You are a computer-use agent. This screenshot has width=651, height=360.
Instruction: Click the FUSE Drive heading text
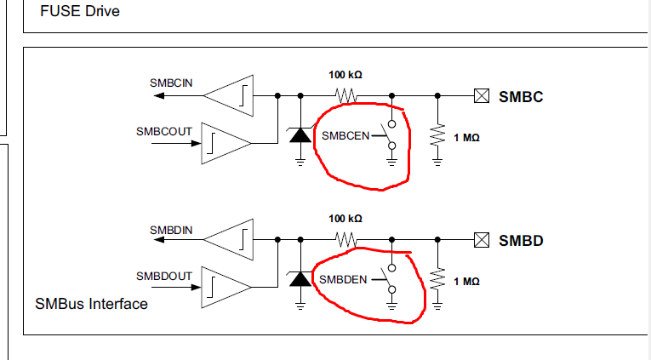(80, 12)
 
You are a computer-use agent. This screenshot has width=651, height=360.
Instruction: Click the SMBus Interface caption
(91, 303)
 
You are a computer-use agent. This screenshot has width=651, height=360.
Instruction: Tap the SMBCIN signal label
(171, 83)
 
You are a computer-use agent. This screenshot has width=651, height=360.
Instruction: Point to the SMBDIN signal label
(171, 230)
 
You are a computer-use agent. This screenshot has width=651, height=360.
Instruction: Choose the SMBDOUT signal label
(164, 277)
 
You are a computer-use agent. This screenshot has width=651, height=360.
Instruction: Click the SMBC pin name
(521, 96)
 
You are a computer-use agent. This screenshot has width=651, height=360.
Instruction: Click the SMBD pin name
(521, 242)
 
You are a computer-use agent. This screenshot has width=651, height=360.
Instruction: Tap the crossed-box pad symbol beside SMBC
(482, 96)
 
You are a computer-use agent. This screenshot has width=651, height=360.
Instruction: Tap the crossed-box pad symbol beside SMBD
(482, 242)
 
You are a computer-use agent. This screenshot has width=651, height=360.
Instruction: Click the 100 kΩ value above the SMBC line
(345, 74)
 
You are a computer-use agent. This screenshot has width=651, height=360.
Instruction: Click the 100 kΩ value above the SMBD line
(345, 219)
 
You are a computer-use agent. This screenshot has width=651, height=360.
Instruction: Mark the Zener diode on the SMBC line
(299, 134)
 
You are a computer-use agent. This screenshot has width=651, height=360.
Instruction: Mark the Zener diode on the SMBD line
(299, 278)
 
